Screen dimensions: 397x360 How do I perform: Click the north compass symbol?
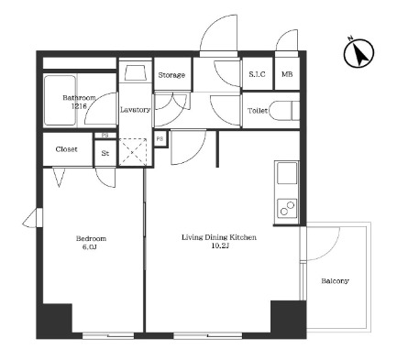pyautogui.click(x=358, y=53)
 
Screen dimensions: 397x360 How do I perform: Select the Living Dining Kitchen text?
pyautogui.click(x=219, y=237)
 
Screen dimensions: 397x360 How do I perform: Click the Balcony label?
pyautogui.click(x=335, y=281)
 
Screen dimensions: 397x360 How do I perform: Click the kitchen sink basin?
pyautogui.click(x=287, y=173)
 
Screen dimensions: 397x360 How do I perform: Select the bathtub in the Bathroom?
pyautogui.click(x=60, y=101)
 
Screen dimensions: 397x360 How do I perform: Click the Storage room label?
pyautogui.click(x=171, y=75)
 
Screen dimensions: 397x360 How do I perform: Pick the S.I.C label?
pyautogui.click(x=257, y=74)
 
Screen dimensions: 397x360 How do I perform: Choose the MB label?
pyautogui.click(x=287, y=74)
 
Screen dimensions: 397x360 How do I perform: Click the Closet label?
pyautogui.click(x=66, y=149)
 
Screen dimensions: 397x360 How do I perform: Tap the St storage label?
pyautogui.click(x=105, y=153)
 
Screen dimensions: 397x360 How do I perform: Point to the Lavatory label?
pyautogui.click(x=135, y=110)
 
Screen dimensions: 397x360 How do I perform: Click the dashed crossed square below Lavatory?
pyautogui.click(x=133, y=152)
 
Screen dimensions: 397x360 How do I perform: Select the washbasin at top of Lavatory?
pyautogui.click(x=135, y=72)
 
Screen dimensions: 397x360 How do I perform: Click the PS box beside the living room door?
pyautogui.click(x=160, y=139)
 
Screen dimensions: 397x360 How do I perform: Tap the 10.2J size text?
pyautogui.click(x=220, y=246)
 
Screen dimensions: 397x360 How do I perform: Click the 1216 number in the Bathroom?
pyautogui.click(x=79, y=106)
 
